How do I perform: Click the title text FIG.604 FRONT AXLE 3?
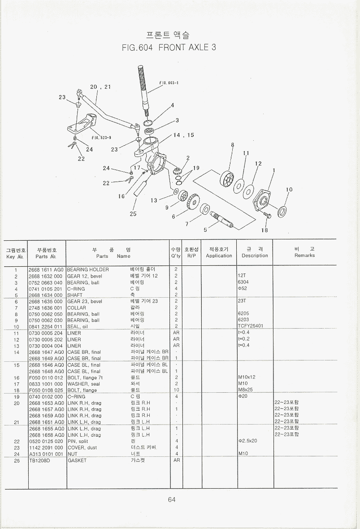[169, 48]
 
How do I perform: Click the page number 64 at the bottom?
[172, 500]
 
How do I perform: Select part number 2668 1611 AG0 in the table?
[46, 270]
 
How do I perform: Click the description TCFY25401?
[251, 326]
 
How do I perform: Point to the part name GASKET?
[77, 460]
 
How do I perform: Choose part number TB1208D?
[40, 460]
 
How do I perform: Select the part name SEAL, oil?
[77, 327]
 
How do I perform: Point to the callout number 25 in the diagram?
[133, 214]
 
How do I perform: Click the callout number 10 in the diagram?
[289, 190]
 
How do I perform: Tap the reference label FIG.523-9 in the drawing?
[101, 138]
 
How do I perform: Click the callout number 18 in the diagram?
[265, 230]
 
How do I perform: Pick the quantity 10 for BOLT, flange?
[176, 390]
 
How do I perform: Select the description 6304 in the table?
[243, 282]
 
